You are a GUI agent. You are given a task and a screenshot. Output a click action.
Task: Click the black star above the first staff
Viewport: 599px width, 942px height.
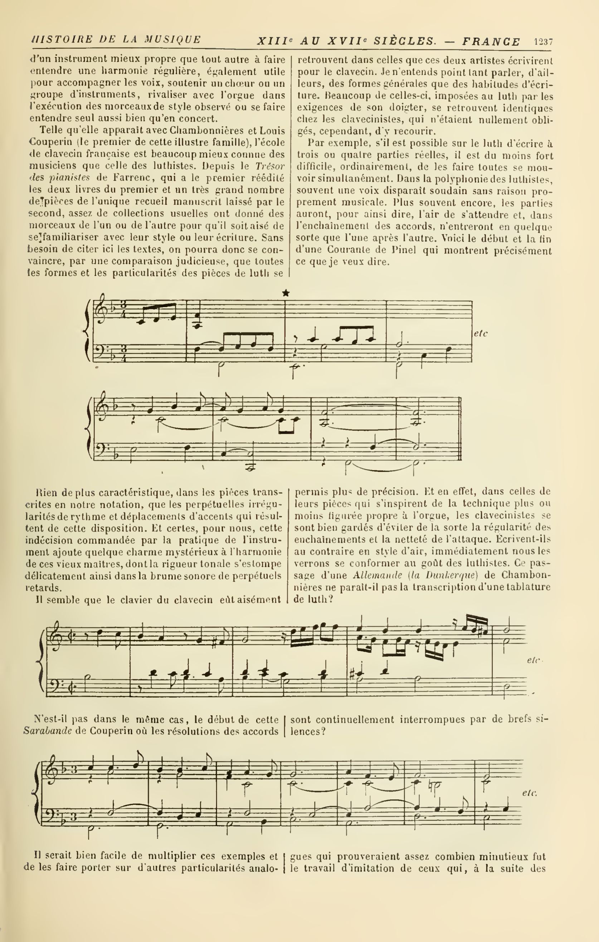pyautogui.click(x=286, y=293)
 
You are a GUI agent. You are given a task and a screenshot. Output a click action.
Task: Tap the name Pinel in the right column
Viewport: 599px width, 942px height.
pyautogui.click(x=403, y=250)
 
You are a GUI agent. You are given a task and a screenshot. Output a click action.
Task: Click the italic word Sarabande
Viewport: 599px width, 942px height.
pyautogui.click(x=47, y=731)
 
